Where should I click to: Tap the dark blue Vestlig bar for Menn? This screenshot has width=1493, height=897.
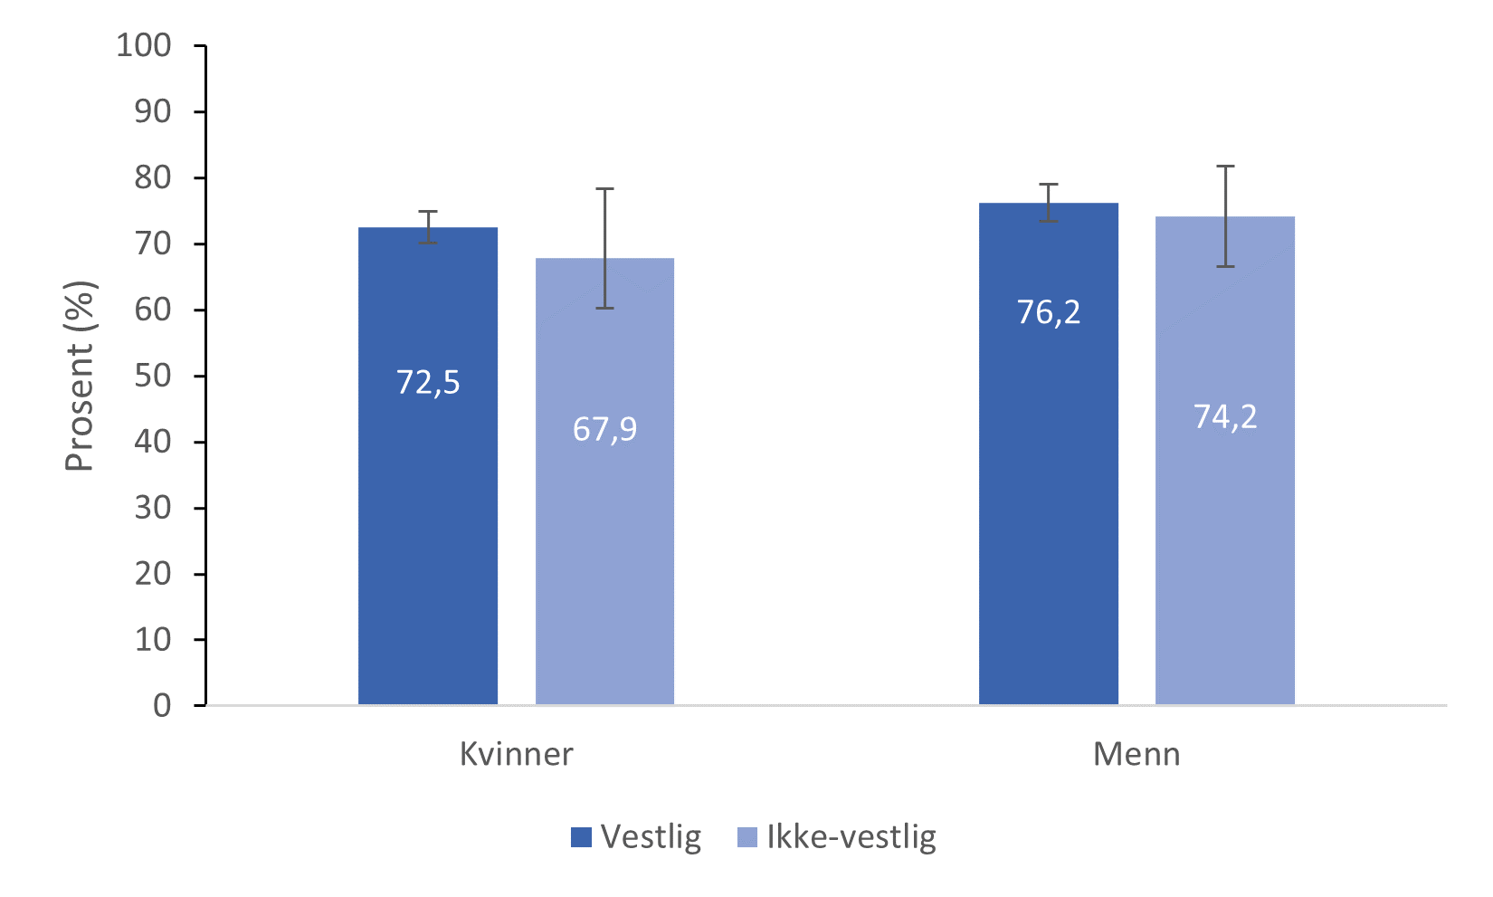tap(1049, 507)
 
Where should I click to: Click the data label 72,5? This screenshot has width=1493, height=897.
tap(428, 383)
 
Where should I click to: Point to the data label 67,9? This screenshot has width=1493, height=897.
tap(604, 429)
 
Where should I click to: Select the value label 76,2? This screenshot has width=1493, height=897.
tap(1049, 312)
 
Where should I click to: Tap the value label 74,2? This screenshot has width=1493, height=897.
tap(1225, 417)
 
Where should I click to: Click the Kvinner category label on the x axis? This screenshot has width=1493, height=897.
tap(516, 755)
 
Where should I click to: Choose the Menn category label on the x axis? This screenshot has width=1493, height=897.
tap(1136, 755)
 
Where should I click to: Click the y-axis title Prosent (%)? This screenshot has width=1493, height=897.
tap(80, 377)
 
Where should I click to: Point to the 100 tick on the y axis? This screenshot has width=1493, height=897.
tap(144, 45)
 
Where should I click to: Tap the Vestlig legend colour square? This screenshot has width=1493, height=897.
tap(581, 837)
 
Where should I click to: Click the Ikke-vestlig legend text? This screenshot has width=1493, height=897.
tap(851, 837)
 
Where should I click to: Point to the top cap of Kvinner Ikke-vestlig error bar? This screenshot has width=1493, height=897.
tap(604, 189)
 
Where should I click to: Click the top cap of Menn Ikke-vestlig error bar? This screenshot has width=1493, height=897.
tap(1225, 167)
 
